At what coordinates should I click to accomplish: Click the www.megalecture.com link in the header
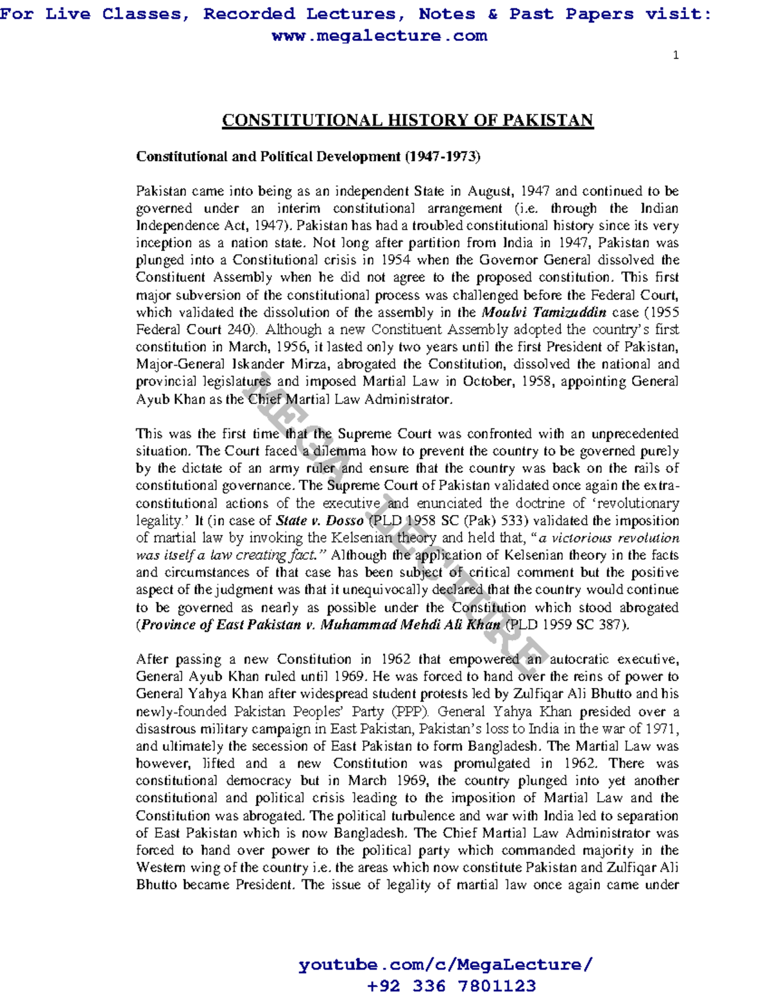[379, 36]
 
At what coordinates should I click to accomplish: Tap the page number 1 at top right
[676, 55]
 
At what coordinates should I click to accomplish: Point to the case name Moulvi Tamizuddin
[543, 312]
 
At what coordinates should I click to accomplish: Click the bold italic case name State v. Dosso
[320, 521]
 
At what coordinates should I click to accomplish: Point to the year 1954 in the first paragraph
[396, 260]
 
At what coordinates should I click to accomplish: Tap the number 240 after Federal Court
[241, 330]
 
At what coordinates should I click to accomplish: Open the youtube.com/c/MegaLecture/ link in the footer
[445, 965]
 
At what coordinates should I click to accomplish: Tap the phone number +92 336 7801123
[451, 985]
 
